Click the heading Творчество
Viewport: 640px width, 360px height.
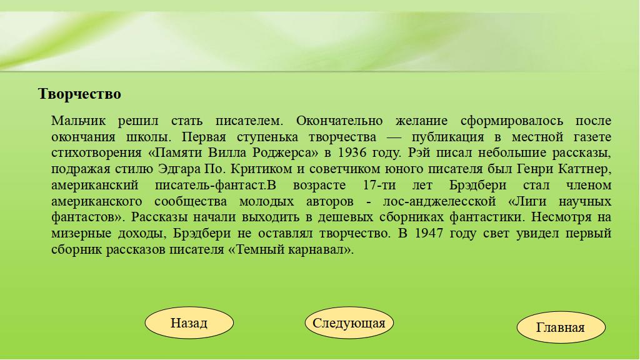[x=79, y=94]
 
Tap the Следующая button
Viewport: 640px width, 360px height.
[x=349, y=323]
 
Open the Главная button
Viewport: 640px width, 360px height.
[x=561, y=327]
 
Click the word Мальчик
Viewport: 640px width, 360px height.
[x=78, y=121]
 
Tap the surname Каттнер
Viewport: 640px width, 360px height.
[x=584, y=169]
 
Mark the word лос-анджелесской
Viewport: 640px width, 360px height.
[x=439, y=201]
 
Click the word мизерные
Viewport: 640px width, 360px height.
[x=81, y=234]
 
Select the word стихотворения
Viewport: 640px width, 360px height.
[x=96, y=153]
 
